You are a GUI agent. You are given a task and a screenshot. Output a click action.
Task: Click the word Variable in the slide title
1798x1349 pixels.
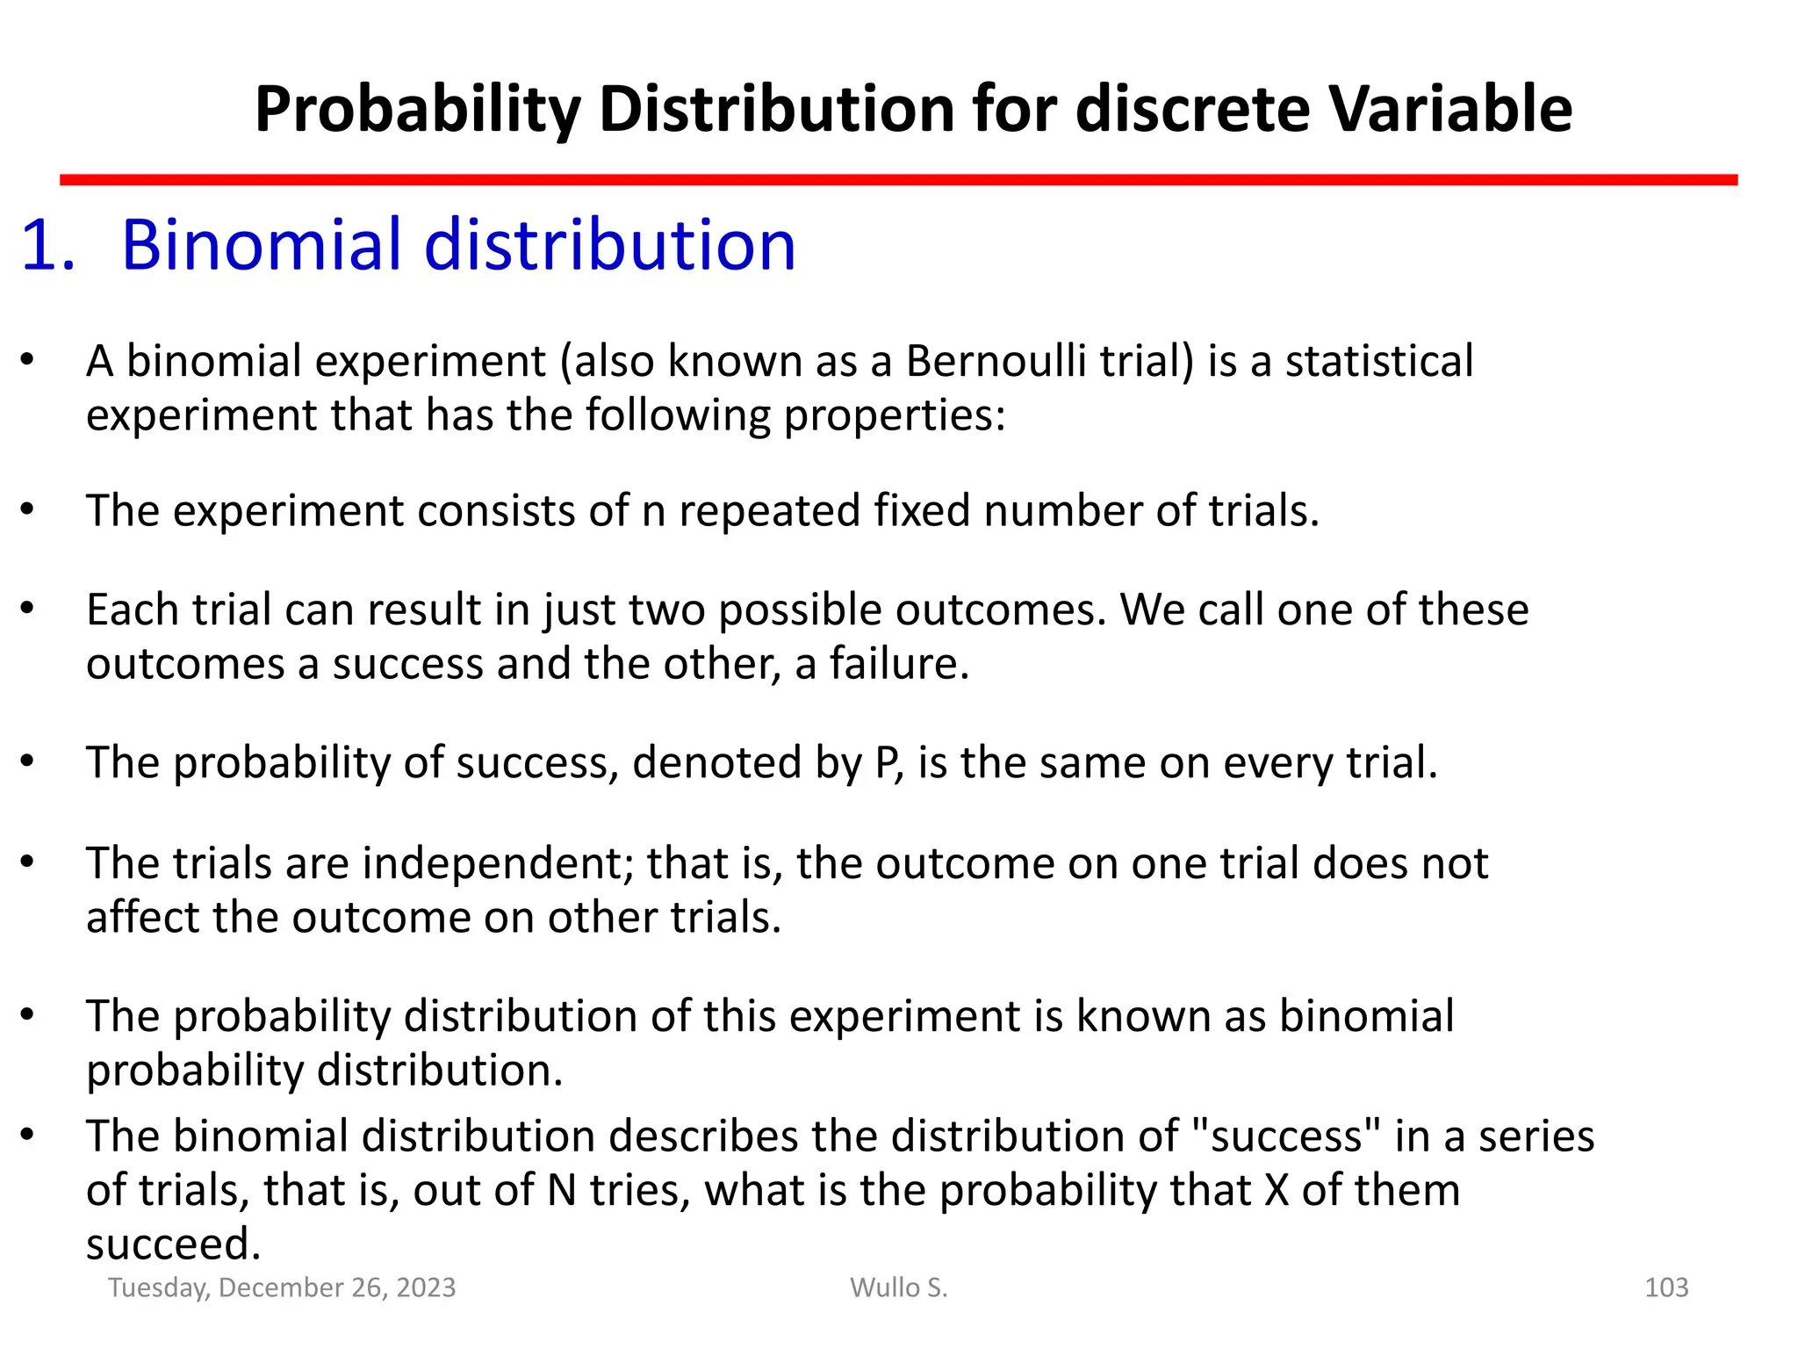(1449, 109)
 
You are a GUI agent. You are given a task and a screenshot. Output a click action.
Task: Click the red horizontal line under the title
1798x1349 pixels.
(898, 180)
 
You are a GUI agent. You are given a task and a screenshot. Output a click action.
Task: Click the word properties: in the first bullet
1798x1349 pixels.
(895, 415)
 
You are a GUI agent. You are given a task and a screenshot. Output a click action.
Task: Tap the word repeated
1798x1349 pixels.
(769, 510)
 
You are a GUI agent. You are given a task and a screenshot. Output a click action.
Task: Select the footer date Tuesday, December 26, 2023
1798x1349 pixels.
(282, 1288)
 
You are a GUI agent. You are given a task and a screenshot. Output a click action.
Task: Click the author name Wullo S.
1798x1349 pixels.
(899, 1288)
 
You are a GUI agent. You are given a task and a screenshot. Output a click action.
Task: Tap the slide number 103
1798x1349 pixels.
(1665, 1288)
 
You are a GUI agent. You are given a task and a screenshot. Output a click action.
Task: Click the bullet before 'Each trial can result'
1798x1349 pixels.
(27, 608)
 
